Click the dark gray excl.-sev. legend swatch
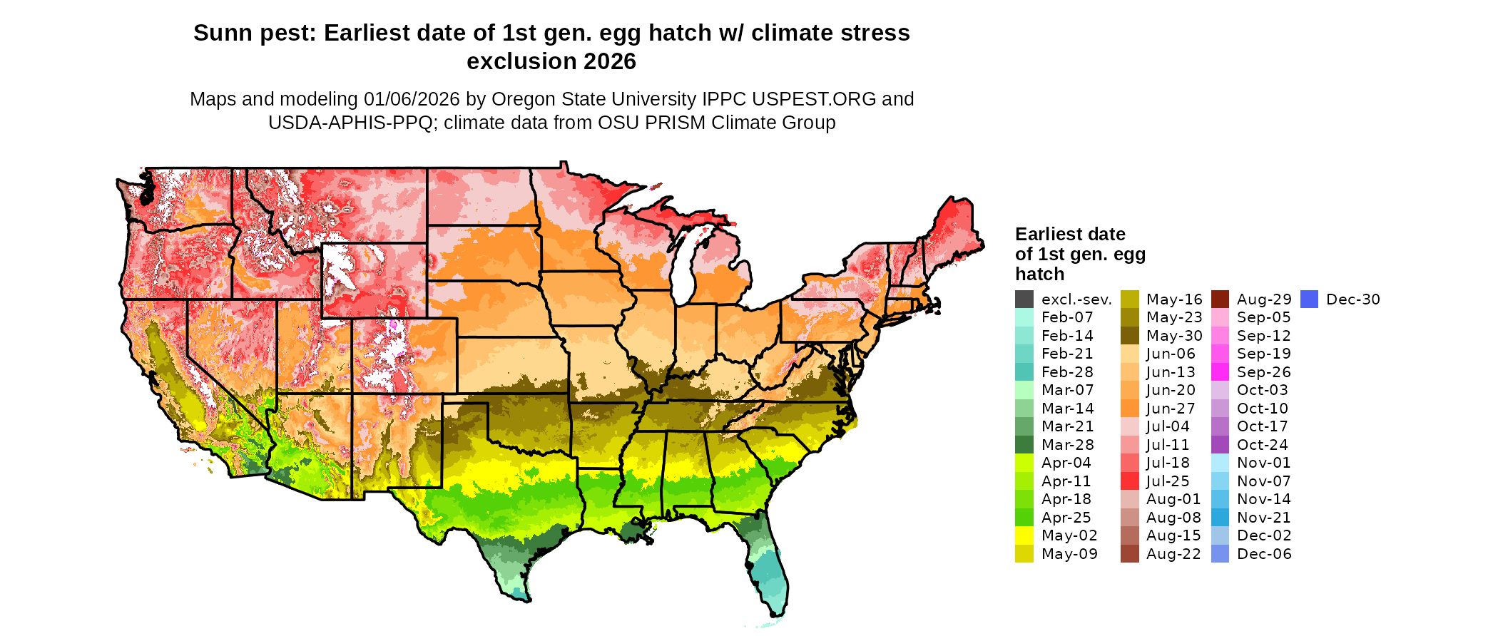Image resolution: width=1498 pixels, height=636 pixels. point(1024,299)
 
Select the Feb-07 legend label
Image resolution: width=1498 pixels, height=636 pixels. point(1067,317)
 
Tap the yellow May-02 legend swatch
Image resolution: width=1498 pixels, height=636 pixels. point(1024,535)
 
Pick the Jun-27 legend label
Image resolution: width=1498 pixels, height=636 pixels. point(1171,409)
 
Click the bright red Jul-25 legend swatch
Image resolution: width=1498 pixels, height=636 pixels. point(1129,481)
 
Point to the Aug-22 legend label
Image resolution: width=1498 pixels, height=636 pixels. point(1173,554)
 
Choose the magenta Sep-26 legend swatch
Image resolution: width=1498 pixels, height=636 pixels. point(1220,372)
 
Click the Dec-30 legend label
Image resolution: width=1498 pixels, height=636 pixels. point(1352,299)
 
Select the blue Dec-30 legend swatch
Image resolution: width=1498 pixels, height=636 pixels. point(1309,299)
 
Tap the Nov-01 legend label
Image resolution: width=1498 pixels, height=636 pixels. point(1263,463)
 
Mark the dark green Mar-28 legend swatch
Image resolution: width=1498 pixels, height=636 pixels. point(1024,445)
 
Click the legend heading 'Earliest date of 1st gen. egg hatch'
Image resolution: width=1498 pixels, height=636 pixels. point(1079,254)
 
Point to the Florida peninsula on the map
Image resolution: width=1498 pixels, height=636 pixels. point(769,570)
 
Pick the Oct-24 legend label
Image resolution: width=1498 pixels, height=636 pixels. point(1262,445)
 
